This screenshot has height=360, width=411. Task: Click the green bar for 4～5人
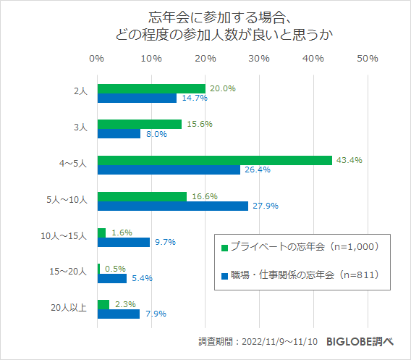pyautogui.click(x=214, y=160)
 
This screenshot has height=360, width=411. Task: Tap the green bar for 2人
pyautogui.click(x=151, y=88)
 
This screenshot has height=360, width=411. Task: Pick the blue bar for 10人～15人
pyautogui.click(x=123, y=242)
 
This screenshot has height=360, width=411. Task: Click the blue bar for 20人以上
pyautogui.click(x=118, y=314)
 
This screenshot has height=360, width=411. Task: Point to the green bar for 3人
pyautogui.click(x=139, y=124)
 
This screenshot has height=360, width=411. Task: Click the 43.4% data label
pyautogui.click(x=349, y=160)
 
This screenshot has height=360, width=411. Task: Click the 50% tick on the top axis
pyautogui.click(x=368, y=58)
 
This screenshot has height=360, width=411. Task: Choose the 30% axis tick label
pyautogui.click(x=259, y=58)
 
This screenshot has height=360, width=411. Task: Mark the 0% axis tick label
pyautogui.click(x=97, y=58)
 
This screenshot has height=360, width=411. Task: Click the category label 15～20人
pyautogui.click(x=72, y=272)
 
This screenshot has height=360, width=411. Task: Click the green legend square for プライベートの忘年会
pyautogui.click(x=224, y=248)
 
